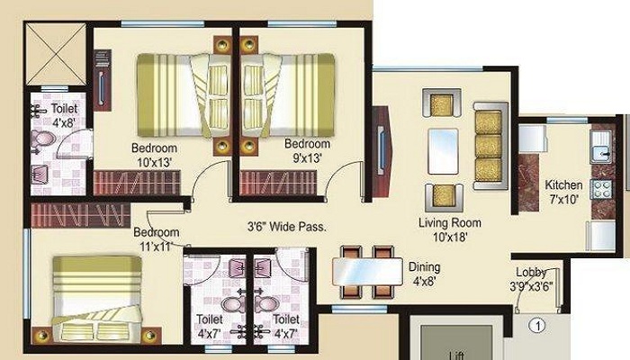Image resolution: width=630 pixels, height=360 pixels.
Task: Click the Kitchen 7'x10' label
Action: pos(563,192)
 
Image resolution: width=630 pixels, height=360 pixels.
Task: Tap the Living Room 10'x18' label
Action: pos(450,229)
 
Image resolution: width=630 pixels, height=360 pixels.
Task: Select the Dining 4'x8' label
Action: pos(424,274)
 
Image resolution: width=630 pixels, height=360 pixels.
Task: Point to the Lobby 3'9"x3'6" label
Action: pos(531,279)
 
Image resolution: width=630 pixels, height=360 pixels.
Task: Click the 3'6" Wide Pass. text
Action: pos(287,227)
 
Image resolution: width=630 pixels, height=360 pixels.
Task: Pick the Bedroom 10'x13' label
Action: pos(154,155)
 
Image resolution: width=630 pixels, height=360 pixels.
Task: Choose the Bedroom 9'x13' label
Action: pos(308,150)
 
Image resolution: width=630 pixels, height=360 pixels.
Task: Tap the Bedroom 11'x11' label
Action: pos(157,238)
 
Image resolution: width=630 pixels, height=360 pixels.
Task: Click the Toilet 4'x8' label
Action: pos(64,115)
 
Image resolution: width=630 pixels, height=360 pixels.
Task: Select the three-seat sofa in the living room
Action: pos(490,146)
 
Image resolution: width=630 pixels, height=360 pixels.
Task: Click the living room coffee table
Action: pos(443,151)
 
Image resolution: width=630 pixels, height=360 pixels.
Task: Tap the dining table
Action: pos(367,272)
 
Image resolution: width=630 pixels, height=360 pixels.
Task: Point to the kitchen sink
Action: pos(601,146)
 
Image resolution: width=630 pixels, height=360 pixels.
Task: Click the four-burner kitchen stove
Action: pos(601,189)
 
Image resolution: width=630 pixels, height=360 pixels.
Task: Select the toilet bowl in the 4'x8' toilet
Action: pos(42,139)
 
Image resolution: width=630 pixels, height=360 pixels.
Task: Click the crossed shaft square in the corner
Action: pos(56,54)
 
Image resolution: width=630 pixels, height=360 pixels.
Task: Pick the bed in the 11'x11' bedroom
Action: pos(97,300)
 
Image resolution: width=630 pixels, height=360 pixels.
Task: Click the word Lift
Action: pos(457,356)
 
